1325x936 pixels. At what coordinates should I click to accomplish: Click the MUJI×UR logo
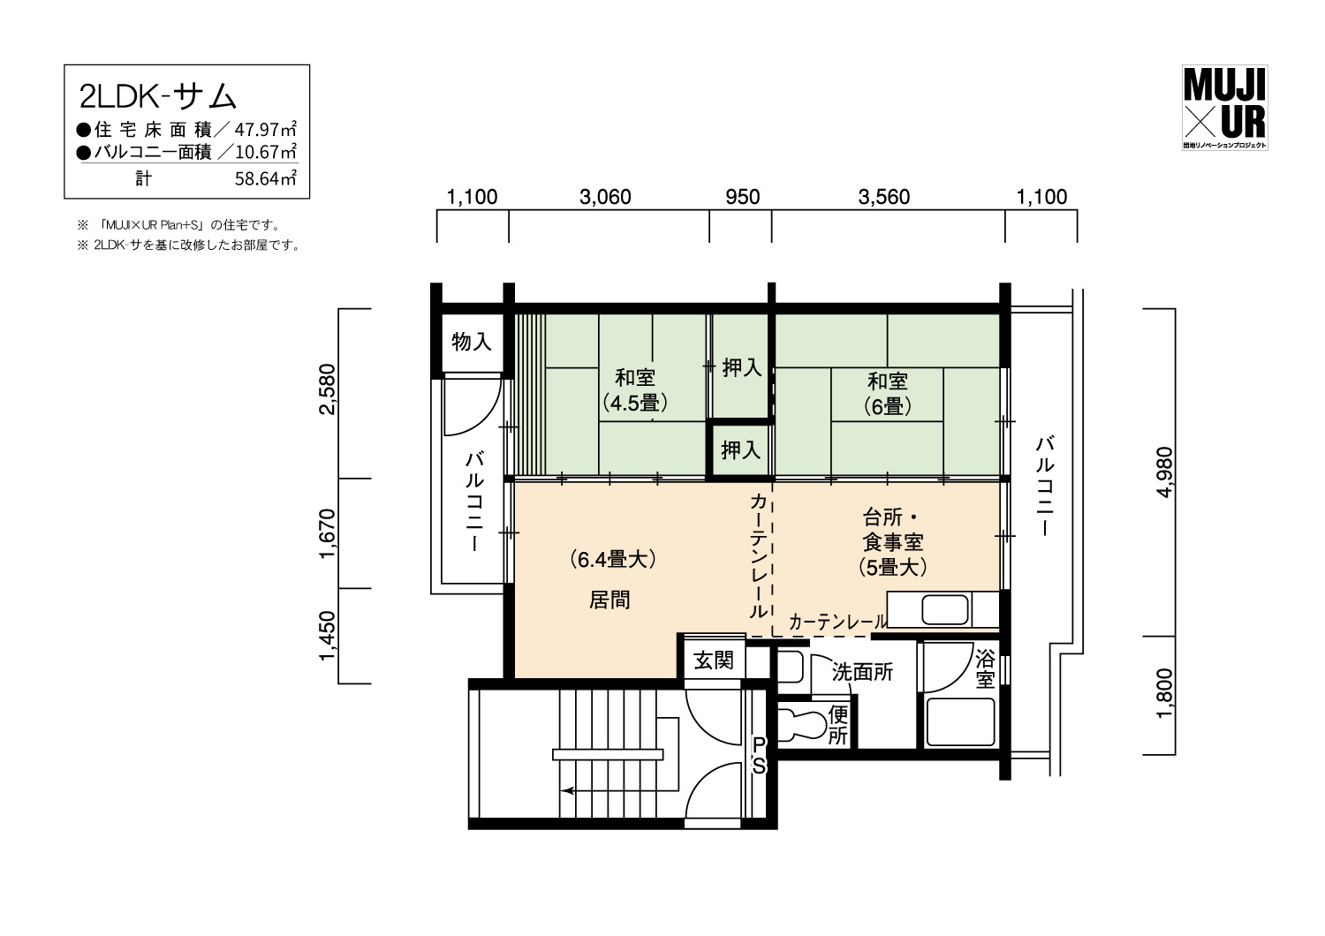point(1224,107)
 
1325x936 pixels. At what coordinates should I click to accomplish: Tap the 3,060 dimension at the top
point(605,197)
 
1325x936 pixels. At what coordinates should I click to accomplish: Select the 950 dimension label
point(742,197)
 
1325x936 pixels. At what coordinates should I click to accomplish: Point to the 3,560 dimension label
point(883,197)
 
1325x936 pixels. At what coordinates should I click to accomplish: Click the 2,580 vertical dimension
point(327,389)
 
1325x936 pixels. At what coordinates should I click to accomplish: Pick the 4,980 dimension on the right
point(1164,472)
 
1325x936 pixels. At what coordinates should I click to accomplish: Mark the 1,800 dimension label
point(1164,693)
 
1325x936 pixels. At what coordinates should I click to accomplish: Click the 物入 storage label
point(472,341)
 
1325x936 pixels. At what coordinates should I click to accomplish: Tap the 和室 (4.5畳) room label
point(635,390)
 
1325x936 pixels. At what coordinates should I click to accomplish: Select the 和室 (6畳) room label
point(887,394)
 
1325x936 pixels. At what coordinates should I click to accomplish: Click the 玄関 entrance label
point(714,660)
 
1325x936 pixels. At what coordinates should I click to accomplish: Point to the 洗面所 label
point(862,672)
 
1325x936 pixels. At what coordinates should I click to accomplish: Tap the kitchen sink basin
point(944,609)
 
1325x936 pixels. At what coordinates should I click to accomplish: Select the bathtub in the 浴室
point(960,721)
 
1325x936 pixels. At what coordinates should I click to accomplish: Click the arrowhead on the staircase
point(567,790)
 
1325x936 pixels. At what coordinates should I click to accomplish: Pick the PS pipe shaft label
point(759,755)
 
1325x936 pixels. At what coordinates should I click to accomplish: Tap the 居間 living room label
point(609,600)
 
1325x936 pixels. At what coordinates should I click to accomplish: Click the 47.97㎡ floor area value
point(266,129)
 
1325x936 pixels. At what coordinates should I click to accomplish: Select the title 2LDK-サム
point(158,97)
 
